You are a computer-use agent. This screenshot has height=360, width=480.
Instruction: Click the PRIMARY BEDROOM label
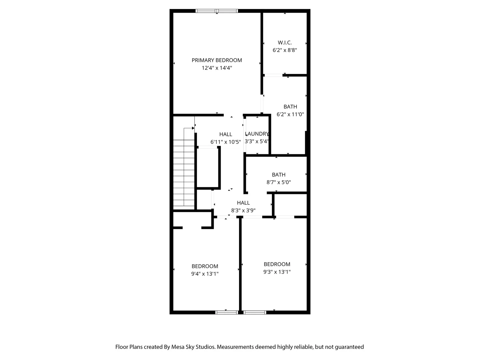pyautogui.click(x=217, y=60)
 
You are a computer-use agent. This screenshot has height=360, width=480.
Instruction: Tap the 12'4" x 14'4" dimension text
pyautogui.click(x=217, y=68)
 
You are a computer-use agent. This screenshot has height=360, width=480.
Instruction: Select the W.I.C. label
pyautogui.click(x=285, y=42)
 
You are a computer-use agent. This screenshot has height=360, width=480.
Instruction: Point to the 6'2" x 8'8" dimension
pyautogui.click(x=285, y=50)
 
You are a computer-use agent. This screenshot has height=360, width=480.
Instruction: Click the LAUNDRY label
pyautogui.click(x=257, y=134)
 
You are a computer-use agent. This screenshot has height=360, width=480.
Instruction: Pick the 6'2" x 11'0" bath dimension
pyautogui.click(x=290, y=114)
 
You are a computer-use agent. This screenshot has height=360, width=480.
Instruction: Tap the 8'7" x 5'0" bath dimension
pyautogui.click(x=279, y=182)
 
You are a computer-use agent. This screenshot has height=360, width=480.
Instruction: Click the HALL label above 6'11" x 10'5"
pyautogui.click(x=226, y=134)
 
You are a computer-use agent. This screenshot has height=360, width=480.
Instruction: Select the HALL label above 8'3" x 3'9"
pyautogui.click(x=243, y=203)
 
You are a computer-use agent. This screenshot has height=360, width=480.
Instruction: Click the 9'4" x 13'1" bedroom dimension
pyautogui.click(x=205, y=274)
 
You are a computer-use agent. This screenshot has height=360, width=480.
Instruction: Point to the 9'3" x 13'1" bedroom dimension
pyautogui.click(x=277, y=272)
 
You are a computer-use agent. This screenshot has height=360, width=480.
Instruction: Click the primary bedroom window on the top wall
pyautogui.click(x=217, y=11)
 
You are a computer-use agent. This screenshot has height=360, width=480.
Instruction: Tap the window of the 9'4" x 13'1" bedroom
pyautogui.click(x=227, y=312)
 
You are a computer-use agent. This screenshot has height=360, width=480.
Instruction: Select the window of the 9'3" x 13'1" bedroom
pyautogui.click(x=255, y=312)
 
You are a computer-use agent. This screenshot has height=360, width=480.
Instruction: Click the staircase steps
pyautogui.click(x=184, y=173)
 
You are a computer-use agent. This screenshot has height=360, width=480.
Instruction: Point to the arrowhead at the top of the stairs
pyautogui.click(x=193, y=128)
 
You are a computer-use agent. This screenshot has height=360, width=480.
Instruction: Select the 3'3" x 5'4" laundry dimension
pyautogui.click(x=257, y=141)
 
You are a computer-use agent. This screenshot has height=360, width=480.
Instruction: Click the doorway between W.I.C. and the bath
pyautogui.click(x=274, y=75)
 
